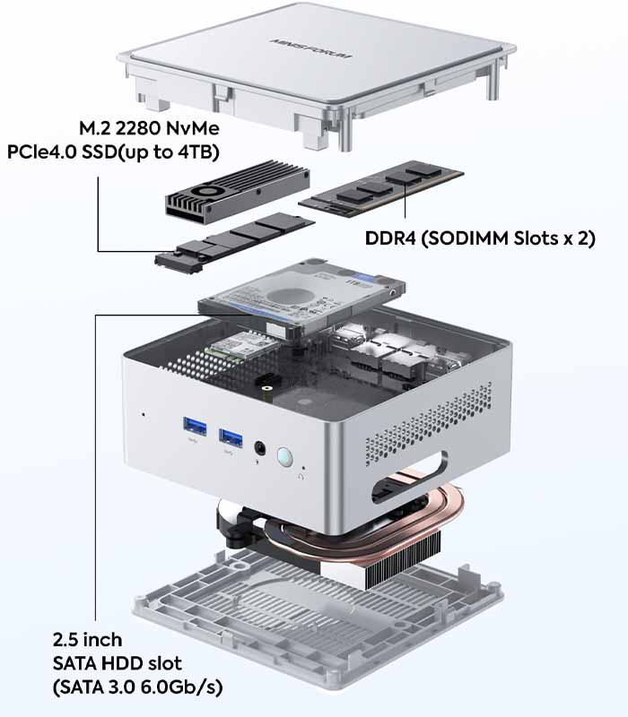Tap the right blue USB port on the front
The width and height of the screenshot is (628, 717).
(x=231, y=437)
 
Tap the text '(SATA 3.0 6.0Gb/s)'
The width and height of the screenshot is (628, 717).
(x=135, y=687)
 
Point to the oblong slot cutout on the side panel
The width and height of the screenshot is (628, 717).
(x=408, y=474)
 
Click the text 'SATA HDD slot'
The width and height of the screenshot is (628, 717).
(x=118, y=664)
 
